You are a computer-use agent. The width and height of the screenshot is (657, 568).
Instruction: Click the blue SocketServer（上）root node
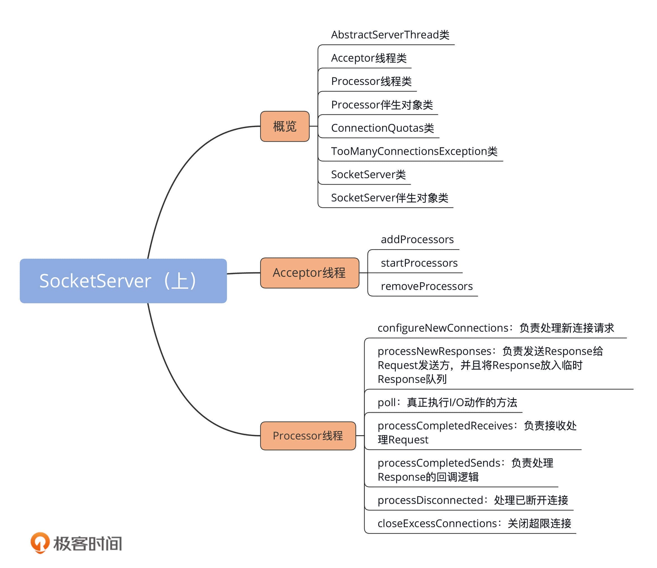click(123, 281)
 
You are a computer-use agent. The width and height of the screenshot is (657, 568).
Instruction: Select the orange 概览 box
click(284, 126)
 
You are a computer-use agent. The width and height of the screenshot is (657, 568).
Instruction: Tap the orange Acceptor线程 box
click(309, 273)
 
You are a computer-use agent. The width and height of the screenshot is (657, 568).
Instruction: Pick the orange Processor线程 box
click(308, 436)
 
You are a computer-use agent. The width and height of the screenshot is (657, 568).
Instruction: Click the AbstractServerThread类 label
click(390, 35)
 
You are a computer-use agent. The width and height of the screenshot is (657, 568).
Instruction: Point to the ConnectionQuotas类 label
click(382, 128)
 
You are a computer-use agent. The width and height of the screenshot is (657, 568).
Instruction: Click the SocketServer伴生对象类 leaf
click(389, 198)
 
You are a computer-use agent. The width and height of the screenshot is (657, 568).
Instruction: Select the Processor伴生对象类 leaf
click(382, 105)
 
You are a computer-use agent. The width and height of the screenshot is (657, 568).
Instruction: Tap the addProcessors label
click(417, 239)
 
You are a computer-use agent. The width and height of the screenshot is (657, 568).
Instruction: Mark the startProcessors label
click(419, 263)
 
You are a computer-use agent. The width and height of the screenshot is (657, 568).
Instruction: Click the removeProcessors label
click(427, 287)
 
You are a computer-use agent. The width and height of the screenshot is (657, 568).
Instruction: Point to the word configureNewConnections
click(443, 328)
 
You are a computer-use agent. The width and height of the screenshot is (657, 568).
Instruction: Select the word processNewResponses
click(434, 351)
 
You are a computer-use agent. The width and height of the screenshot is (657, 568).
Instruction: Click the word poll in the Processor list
click(387, 402)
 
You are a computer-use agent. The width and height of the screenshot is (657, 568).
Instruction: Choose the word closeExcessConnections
click(437, 523)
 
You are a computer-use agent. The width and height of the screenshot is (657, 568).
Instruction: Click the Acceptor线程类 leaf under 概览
click(369, 58)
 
